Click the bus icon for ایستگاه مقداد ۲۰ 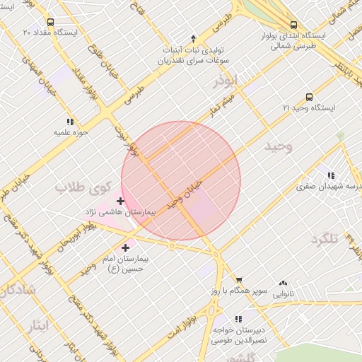pos(50,22)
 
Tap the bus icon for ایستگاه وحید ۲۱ pos(309,97)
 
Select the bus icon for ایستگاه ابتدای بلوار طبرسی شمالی pos(294,24)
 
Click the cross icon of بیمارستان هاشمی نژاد pos(120,202)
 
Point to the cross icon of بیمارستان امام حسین pos(126,247)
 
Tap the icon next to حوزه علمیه pos(69,122)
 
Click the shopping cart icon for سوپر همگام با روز pos(238,281)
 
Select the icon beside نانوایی pos(283,283)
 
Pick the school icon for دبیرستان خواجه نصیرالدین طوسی pos(238,319)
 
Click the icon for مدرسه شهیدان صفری pos(330,176)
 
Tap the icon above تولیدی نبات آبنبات pos(194,37)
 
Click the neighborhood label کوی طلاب pos(80,188)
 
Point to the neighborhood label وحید pos(278,146)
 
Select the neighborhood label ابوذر pos(228,84)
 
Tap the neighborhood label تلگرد pos(326,239)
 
